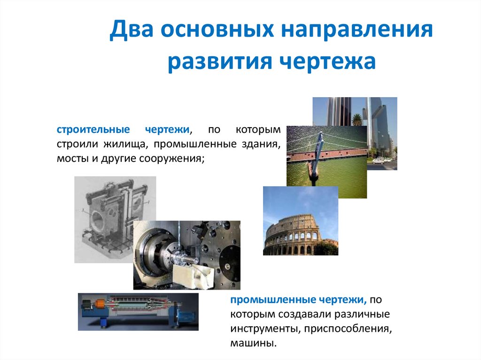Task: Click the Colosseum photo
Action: (x=300, y=221)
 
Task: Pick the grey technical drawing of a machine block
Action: (x=103, y=207)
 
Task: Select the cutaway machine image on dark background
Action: (x=138, y=312)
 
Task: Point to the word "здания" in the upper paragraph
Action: (x=262, y=144)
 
